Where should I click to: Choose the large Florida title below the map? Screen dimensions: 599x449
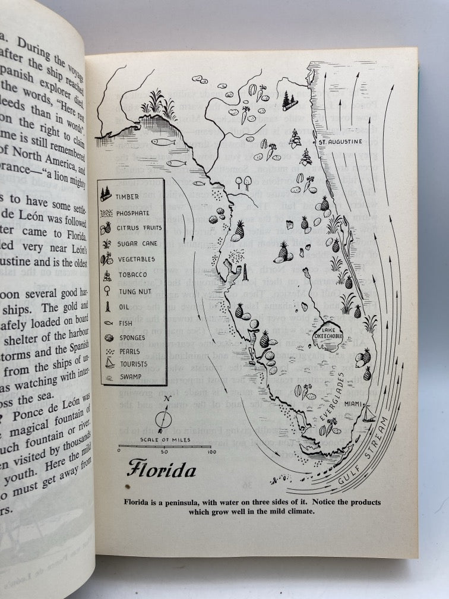pos(161,471)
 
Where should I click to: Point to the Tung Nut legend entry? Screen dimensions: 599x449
pos(134,291)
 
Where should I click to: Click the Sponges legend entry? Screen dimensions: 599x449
pos(131,338)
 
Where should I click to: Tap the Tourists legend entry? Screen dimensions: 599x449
pos(133,361)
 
